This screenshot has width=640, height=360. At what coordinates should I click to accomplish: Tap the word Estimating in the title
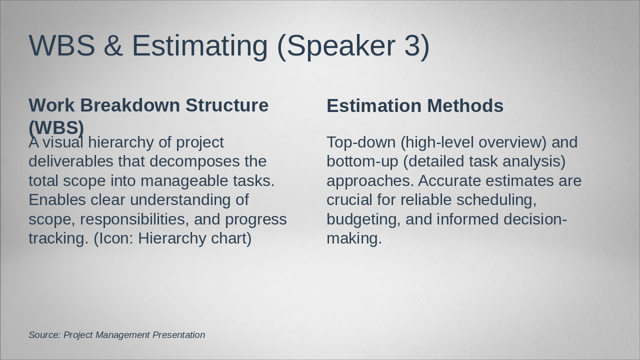[x=199, y=45]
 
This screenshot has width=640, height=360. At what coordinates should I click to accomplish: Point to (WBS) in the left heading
[x=56, y=127]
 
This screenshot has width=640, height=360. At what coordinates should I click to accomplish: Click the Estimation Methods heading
[x=414, y=106]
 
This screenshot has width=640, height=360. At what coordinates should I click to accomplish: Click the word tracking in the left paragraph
[x=56, y=238]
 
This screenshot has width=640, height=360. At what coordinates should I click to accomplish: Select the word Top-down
[x=360, y=142]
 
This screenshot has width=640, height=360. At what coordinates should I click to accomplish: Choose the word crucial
[x=349, y=199]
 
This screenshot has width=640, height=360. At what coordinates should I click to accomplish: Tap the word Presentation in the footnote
[x=178, y=335]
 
